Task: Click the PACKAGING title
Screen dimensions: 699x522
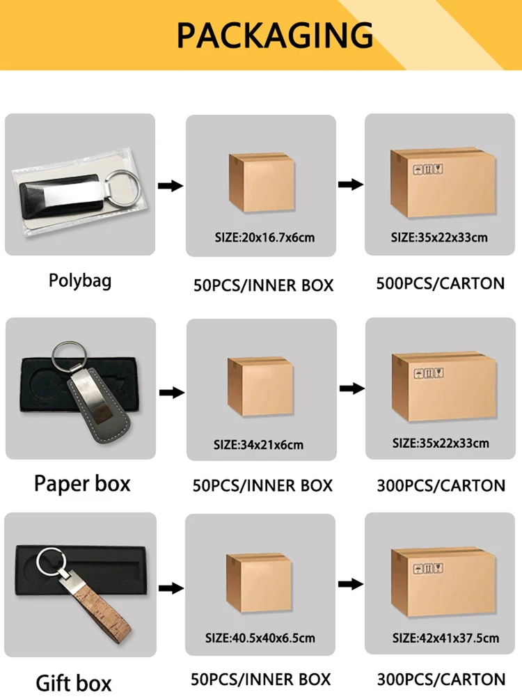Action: click(274, 36)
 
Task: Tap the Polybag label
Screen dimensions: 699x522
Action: click(80, 281)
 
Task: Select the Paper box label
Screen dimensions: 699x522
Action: click(82, 483)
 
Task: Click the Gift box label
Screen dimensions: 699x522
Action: click(74, 682)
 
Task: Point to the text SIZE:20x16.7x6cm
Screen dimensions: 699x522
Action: click(264, 237)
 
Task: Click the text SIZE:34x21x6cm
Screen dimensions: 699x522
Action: click(258, 444)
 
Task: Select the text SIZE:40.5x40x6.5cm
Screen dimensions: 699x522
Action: click(261, 637)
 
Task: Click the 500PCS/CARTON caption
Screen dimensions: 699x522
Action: click(441, 283)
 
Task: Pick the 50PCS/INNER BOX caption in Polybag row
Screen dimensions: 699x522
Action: click(263, 285)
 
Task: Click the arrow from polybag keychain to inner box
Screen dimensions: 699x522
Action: click(171, 186)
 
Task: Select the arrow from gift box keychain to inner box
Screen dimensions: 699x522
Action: click(171, 588)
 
